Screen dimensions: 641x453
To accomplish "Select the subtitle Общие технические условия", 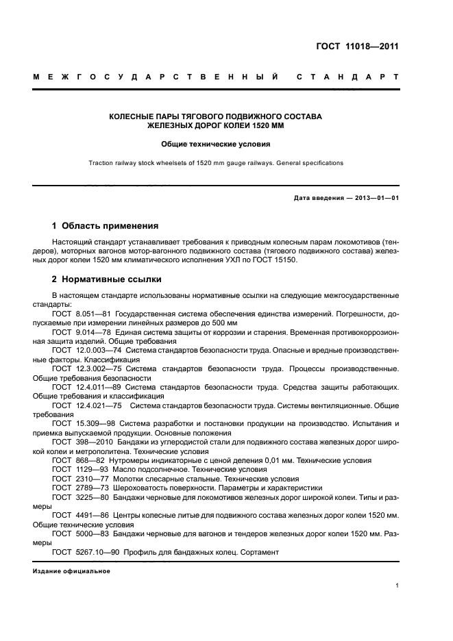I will tap(215, 144).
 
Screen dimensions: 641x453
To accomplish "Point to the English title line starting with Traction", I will tap(215, 163).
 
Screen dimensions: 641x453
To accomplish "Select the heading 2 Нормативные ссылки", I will tap(107, 279).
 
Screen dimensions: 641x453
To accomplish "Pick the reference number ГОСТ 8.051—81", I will tap(82, 313).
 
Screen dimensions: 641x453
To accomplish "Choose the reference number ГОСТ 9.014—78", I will tap(82, 331).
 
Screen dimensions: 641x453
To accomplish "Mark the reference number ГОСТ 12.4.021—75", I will tap(86, 405).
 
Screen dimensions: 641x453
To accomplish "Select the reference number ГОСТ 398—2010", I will tap(82, 442).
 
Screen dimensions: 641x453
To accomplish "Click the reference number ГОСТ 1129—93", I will tap(80, 470).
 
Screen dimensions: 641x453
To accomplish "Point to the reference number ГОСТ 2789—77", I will tap(80, 488).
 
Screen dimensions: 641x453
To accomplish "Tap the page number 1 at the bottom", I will tap(397, 586).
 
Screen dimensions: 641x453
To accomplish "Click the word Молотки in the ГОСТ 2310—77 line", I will tap(134, 479).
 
